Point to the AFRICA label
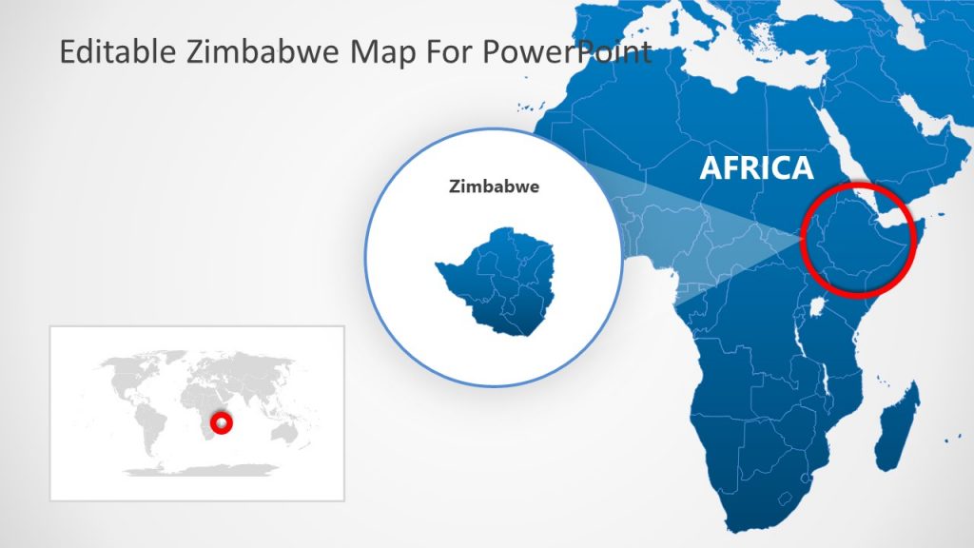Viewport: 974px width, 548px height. tap(756, 168)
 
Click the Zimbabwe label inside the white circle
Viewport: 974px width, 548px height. tap(494, 186)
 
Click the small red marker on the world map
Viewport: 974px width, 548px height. tap(222, 421)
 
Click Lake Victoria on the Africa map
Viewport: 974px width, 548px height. tap(819, 307)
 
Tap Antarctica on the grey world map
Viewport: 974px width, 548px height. tap(200, 470)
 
